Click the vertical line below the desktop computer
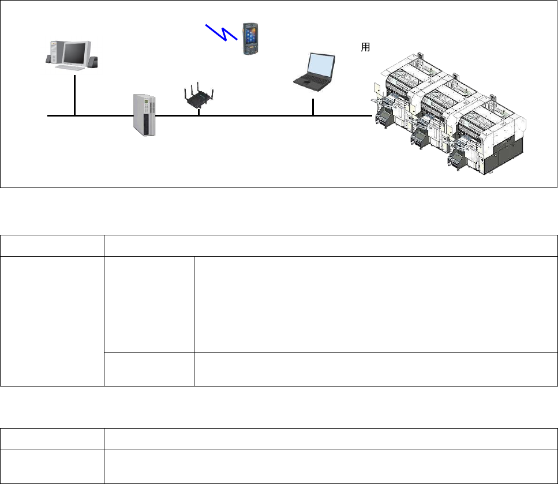point(75,95)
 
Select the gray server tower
point(145,115)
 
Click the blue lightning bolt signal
point(222,33)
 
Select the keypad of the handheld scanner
point(251,46)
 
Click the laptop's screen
point(321,65)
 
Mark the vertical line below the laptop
point(313,107)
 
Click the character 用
point(365,48)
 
